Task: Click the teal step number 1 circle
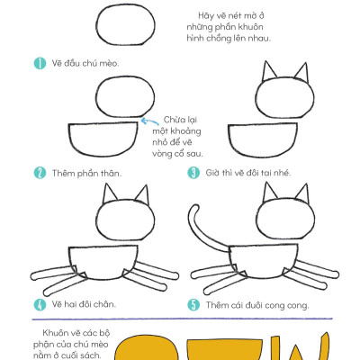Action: pyautogui.click(x=40, y=63)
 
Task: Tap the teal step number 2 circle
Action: pyautogui.click(x=40, y=173)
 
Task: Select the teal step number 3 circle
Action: pyautogui.click(x=193, y=173)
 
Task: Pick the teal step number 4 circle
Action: pyautogui.click(x=40, y=304)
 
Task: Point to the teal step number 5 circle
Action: pyautogui.click(x=193, y=305)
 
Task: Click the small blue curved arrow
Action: pyautogui.click(x=149, y=121)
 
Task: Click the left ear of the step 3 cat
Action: pyautogui.click(x=268, y=71)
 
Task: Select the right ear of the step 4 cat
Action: pyautogui.click(x=142, y=195)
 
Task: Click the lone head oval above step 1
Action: pyautogui.click(x=126, y=25)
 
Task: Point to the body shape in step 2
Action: pyautogui.click(x=103, y=139)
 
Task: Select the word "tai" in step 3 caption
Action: pyautogui.click(x=262, y=173)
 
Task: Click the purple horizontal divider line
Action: pyautogui.click(x=183, y=319)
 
